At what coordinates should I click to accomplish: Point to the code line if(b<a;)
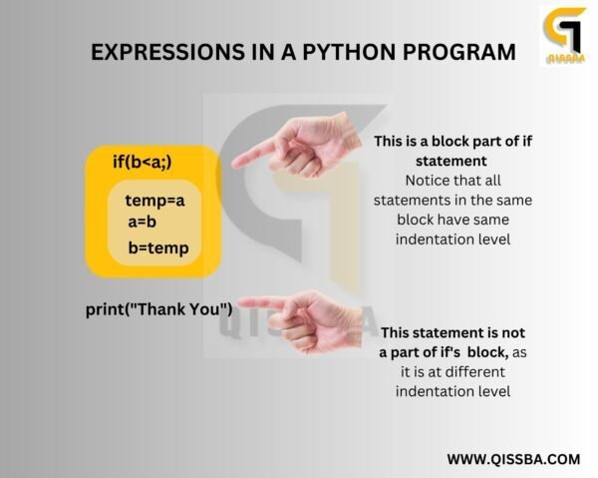click(150, 160)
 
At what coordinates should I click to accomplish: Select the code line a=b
click(143, 222)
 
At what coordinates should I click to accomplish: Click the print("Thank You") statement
click(159, 309)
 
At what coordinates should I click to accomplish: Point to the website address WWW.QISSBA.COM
click(513, 459)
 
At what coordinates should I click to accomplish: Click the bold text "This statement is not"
click(452, 332)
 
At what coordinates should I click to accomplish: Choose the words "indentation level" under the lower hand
click(452, 391)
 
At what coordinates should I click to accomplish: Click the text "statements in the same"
click(452, 200)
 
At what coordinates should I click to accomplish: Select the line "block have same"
click(452, 220)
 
